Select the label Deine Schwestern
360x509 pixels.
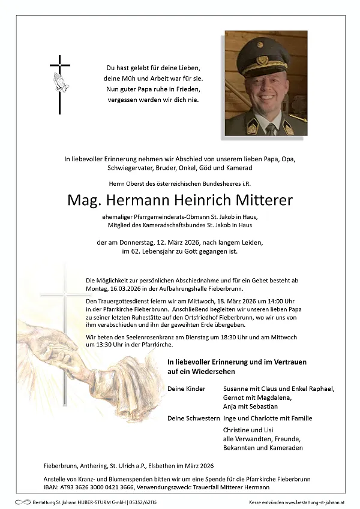193,418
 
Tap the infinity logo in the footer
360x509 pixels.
23,501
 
